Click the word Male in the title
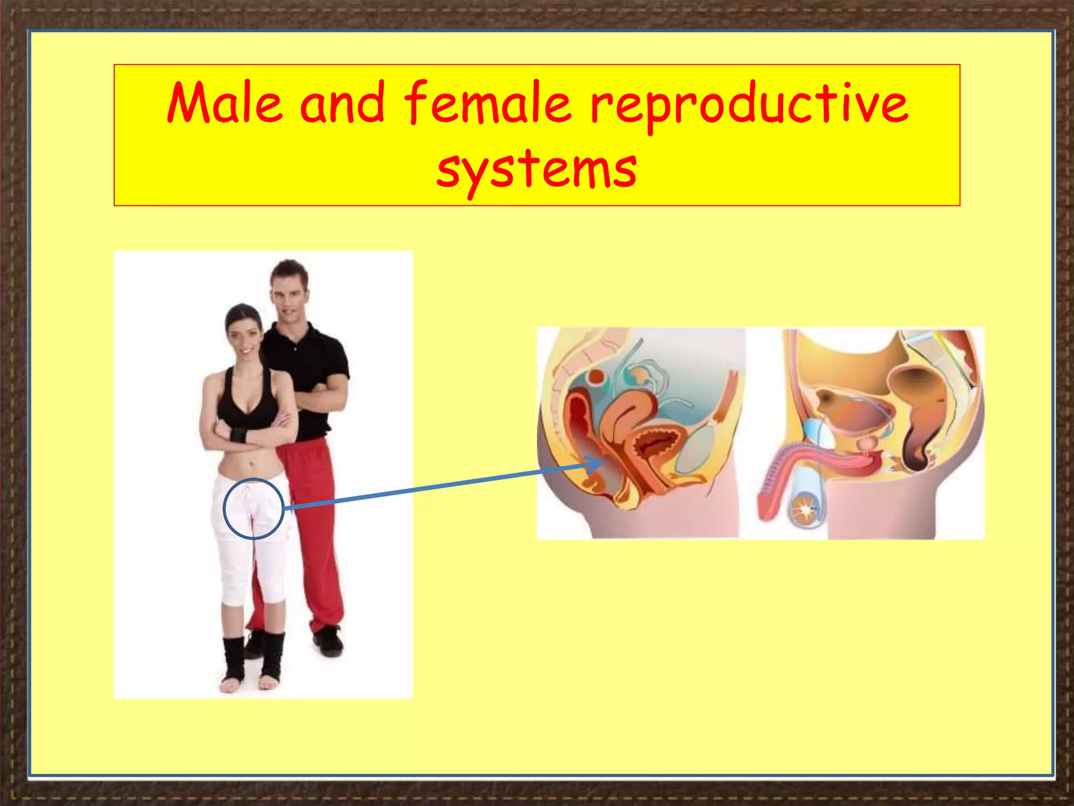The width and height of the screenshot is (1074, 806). tap(224, 103)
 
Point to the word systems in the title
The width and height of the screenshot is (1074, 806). tap(536, 169)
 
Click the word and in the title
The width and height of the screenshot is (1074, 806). tap(342, 103)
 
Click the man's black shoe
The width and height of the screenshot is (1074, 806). tap(329, 641)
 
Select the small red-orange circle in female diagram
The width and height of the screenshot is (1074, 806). tap(596, 377)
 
